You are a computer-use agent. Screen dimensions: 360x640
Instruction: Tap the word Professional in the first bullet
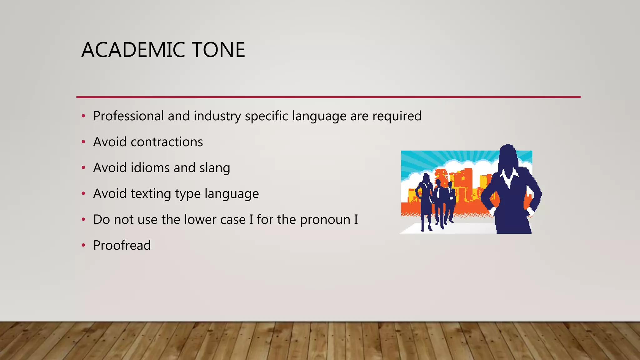128,116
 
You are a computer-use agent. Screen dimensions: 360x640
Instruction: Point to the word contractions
167,142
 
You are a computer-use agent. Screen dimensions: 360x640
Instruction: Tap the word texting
150,194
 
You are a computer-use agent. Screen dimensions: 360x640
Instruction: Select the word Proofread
122,245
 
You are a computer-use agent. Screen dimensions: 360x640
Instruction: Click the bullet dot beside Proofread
83,245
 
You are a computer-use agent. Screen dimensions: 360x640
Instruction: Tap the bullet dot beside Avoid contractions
83,142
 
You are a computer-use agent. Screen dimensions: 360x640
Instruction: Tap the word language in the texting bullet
232,194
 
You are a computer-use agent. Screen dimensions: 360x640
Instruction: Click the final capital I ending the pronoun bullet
356,219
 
